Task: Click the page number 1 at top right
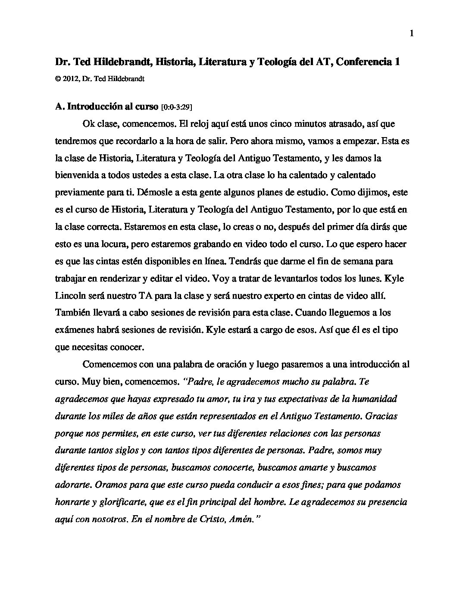tap(412, 34)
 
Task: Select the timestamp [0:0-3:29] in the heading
tap(176, 107)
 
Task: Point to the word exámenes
tap(74, 330)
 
